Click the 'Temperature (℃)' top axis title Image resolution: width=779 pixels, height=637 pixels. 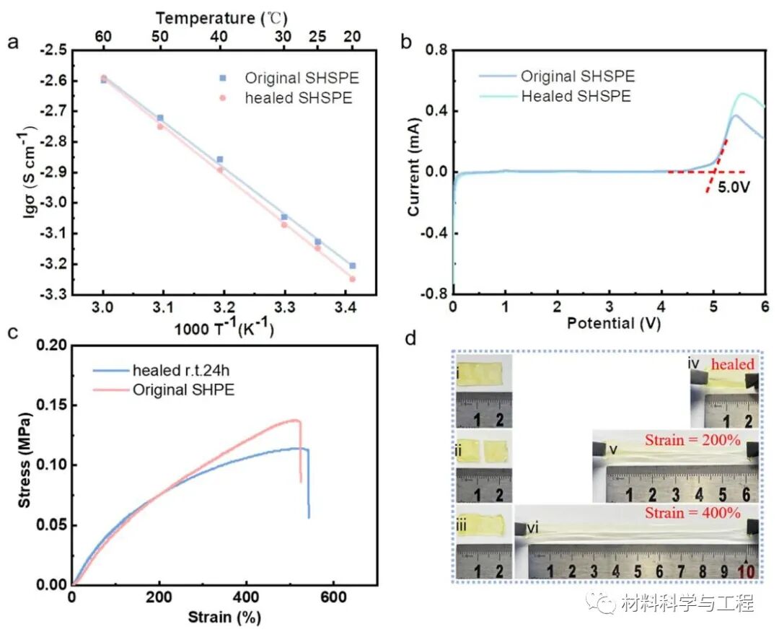tap(221, 18)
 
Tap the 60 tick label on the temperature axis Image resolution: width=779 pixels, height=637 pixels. tap(103, 37)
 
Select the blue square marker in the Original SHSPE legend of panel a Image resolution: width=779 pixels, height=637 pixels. tap(223, 78)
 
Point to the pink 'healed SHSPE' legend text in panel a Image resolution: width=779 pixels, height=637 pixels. tap(298, 98)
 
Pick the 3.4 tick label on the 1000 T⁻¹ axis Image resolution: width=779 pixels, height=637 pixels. tap(346, 307)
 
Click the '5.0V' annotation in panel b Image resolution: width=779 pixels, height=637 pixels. tap(734, 188)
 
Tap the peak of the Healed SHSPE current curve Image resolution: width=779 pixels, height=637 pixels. tap(743, 93)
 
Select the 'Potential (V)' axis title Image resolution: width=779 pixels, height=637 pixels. tap(614, 323)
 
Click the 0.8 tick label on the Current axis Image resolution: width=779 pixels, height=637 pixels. tap(436, 50)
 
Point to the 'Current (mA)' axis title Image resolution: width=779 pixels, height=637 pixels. tap(413, 167)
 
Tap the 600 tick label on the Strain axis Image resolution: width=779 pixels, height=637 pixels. tap(333, 597)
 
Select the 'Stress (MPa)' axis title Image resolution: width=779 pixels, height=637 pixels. tap(25, 460)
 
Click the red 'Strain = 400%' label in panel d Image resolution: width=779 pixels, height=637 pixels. tap(692, 513)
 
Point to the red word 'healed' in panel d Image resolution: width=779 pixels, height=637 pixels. tap(733, 364)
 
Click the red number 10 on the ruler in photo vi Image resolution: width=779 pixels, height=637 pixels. tap(747, 571)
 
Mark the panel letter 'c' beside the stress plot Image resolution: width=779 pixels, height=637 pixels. tap(13, 333)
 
